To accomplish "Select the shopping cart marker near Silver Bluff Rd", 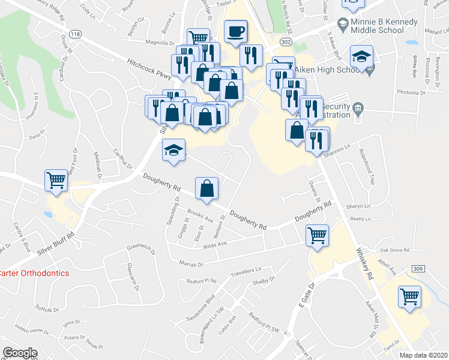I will click(56, 179).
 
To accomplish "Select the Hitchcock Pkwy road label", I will click(148, 69).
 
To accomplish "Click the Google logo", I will click(20, 353).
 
